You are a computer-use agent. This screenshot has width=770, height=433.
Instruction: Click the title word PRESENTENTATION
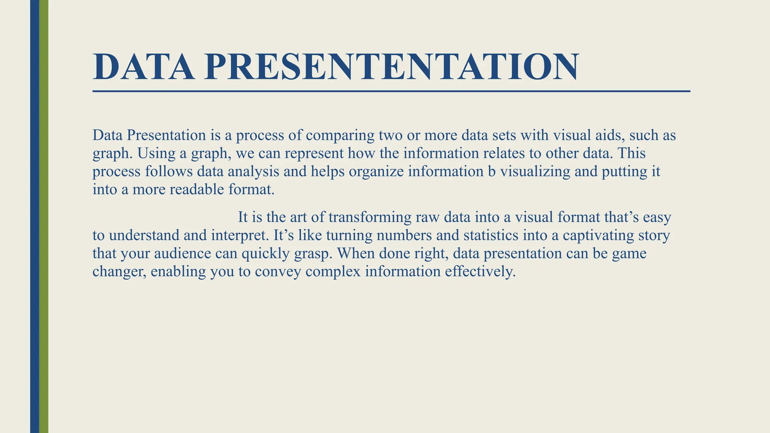(391, 67)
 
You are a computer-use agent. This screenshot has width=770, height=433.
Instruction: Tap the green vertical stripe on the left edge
(44, 216)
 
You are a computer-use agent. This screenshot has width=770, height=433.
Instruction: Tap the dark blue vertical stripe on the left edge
(35, 216)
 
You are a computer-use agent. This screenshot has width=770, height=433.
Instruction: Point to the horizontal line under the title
(391, 91)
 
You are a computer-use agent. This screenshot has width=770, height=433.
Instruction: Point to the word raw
(428, 218)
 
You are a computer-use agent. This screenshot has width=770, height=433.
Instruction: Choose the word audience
(183, 253)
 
